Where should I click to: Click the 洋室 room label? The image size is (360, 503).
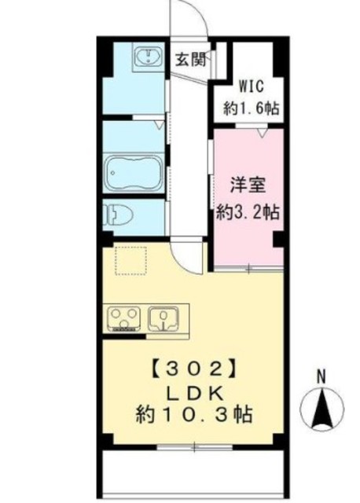[x=246, y=186]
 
